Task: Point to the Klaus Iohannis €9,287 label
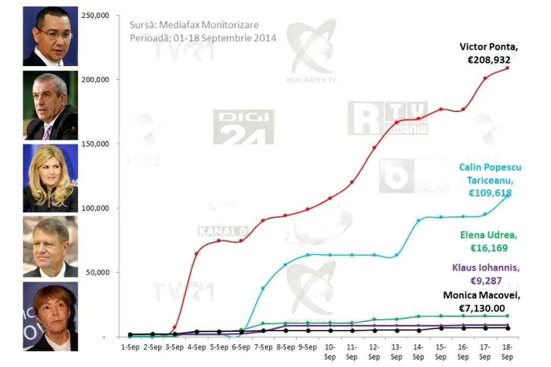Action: [485, 274]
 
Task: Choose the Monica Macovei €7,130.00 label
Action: [482, 302]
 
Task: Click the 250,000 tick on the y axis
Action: [95, 15]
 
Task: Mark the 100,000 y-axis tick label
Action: [95, 208]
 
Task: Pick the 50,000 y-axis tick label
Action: [97, 273]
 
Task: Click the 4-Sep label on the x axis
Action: [197, 348]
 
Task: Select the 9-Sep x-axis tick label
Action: [307, 348]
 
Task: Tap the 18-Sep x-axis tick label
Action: [507, 352]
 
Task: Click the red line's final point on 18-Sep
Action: [507, 68]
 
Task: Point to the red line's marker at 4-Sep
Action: [197, 254]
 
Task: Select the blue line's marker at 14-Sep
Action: [418, 221]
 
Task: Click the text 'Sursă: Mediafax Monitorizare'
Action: [194, 25]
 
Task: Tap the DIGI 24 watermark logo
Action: [243, 127]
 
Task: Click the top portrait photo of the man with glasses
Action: [50, 36]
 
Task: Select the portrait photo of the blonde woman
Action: [50, 178]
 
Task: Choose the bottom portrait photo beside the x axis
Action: [50, 316]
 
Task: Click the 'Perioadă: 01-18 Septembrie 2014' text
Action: [203, 38]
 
